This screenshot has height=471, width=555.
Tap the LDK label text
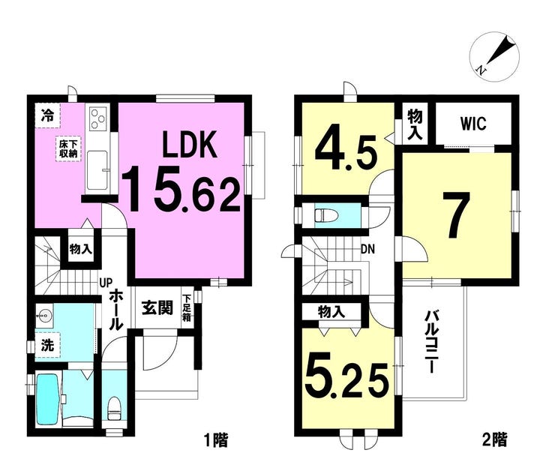click(189, 144)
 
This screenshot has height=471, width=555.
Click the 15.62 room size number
click(181, 189)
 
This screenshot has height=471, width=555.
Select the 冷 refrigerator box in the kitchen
click(47, 115)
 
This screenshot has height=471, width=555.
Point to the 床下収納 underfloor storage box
click(68, 148)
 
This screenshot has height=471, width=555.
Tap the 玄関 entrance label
click(157, 308)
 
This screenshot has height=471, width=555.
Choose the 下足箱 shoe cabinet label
click(187, 308)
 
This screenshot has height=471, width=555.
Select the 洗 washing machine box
click(47, 345)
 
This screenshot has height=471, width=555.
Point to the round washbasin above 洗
click(44, 314)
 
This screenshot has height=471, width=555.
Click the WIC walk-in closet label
click(473, 124)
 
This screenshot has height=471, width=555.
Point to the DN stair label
click(367, 250)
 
